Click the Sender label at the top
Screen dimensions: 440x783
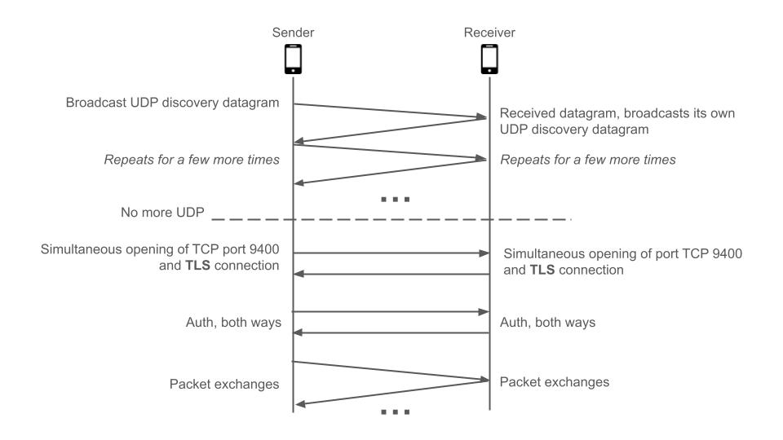293,33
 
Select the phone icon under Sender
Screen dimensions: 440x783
293,60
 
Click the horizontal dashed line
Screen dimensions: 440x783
391,219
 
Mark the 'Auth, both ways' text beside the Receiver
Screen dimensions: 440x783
547,323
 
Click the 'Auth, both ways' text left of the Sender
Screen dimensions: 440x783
234,323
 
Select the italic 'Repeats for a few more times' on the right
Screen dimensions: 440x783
587,160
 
